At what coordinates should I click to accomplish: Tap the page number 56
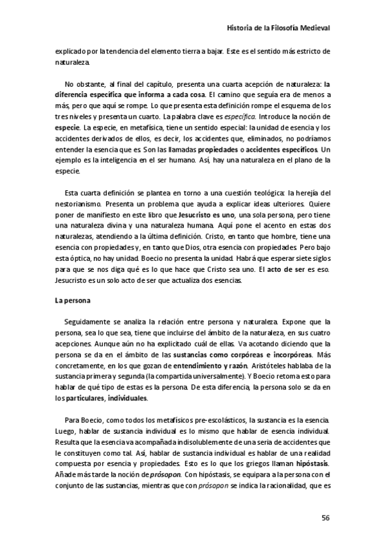coord(326,517)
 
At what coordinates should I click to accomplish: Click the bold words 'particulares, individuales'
coord(107,398)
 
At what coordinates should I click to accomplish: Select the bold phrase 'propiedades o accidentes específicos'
coord(258,149)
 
